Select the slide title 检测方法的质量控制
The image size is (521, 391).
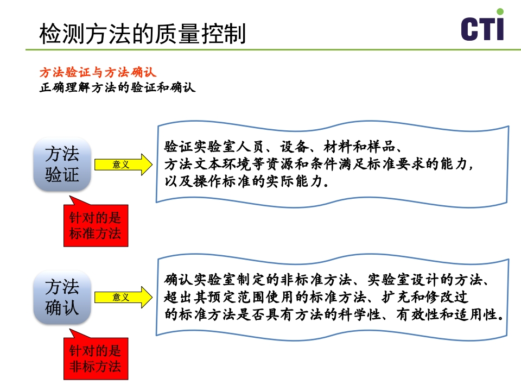[x=143, y=34]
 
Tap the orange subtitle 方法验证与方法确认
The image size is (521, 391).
[x=98, y=73]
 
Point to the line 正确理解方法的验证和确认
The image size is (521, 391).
[x=117, y=87]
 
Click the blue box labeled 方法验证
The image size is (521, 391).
[x=62, y=164]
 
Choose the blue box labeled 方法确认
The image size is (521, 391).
[x=62, y=297]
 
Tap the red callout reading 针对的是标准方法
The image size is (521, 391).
[x=96, y=226]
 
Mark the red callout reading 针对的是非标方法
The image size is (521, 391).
[x=96, y=358]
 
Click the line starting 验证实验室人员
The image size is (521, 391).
[x=283, y=147]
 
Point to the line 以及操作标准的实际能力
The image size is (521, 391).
[x=246, y=181]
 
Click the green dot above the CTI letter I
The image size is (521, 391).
[x=500, y=11]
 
